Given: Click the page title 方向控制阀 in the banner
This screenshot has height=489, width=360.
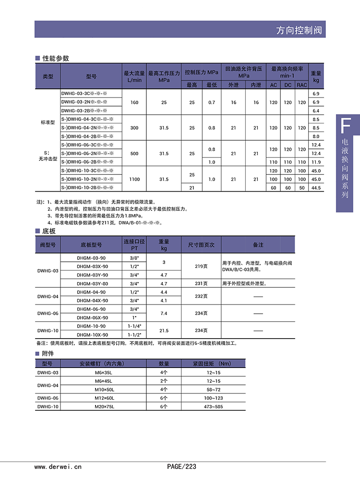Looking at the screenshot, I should pyautogui.click(x=299, y=30).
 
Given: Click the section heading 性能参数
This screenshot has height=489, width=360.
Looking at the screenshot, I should pyautogui.click(x=56, y=58).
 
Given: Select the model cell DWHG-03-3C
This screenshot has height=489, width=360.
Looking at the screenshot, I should pyautogui.click(x=84, y=94).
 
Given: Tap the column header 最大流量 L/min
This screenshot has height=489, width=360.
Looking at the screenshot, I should pyautogui.click(x=134, y=76).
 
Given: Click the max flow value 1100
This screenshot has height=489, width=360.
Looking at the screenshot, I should pyautogui.click(x=134, y=179).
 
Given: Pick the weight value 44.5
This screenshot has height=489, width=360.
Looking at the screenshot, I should pyautogui.click(x=316, y=188).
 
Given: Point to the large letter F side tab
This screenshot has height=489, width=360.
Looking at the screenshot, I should pyautogui.click(x=344, y=126).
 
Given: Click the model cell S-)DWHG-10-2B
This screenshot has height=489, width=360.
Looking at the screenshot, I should pyautogui.click(x=87, y=188).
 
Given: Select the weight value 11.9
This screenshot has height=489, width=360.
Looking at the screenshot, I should pyautogui.click(x=316, y=162).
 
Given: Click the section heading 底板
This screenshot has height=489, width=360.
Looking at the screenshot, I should pyautogui.click(x=49, y=231).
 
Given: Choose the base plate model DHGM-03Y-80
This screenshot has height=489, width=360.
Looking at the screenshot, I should pyautogui.click(x=92, y=283).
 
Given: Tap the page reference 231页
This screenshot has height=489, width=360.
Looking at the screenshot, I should pyautogui.click(x=201, y=283).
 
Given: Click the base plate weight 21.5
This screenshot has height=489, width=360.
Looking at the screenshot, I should pyautogui.click(x=164, y=330).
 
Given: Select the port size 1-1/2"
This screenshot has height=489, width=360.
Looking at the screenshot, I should pyautogui.click(x=134, y=335).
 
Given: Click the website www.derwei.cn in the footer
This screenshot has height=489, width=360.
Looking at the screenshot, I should pyautogui.click(x=58, y=466).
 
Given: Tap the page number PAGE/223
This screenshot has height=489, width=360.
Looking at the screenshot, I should pyautogui.click(x=181, y=466).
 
